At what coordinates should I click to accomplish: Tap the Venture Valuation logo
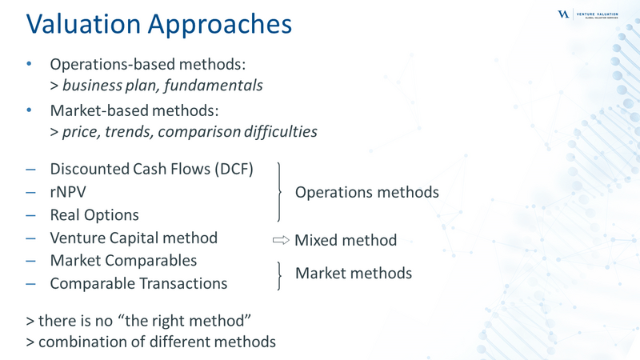[595, 14]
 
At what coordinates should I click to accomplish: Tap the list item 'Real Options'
[94, 214]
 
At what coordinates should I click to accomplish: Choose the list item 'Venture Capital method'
[134, 238]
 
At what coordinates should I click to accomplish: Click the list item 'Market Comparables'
[123, 261]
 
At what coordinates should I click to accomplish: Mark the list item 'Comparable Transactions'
[138, 283]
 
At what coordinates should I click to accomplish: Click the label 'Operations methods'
[367, 192]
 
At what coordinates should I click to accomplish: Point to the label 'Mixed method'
[346, 239]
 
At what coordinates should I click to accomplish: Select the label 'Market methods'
[354, 273]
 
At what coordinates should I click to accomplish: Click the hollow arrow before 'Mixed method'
[280, 239]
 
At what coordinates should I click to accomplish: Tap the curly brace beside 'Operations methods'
[278, 191]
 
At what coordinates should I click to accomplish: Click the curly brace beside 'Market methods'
[278, 274]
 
